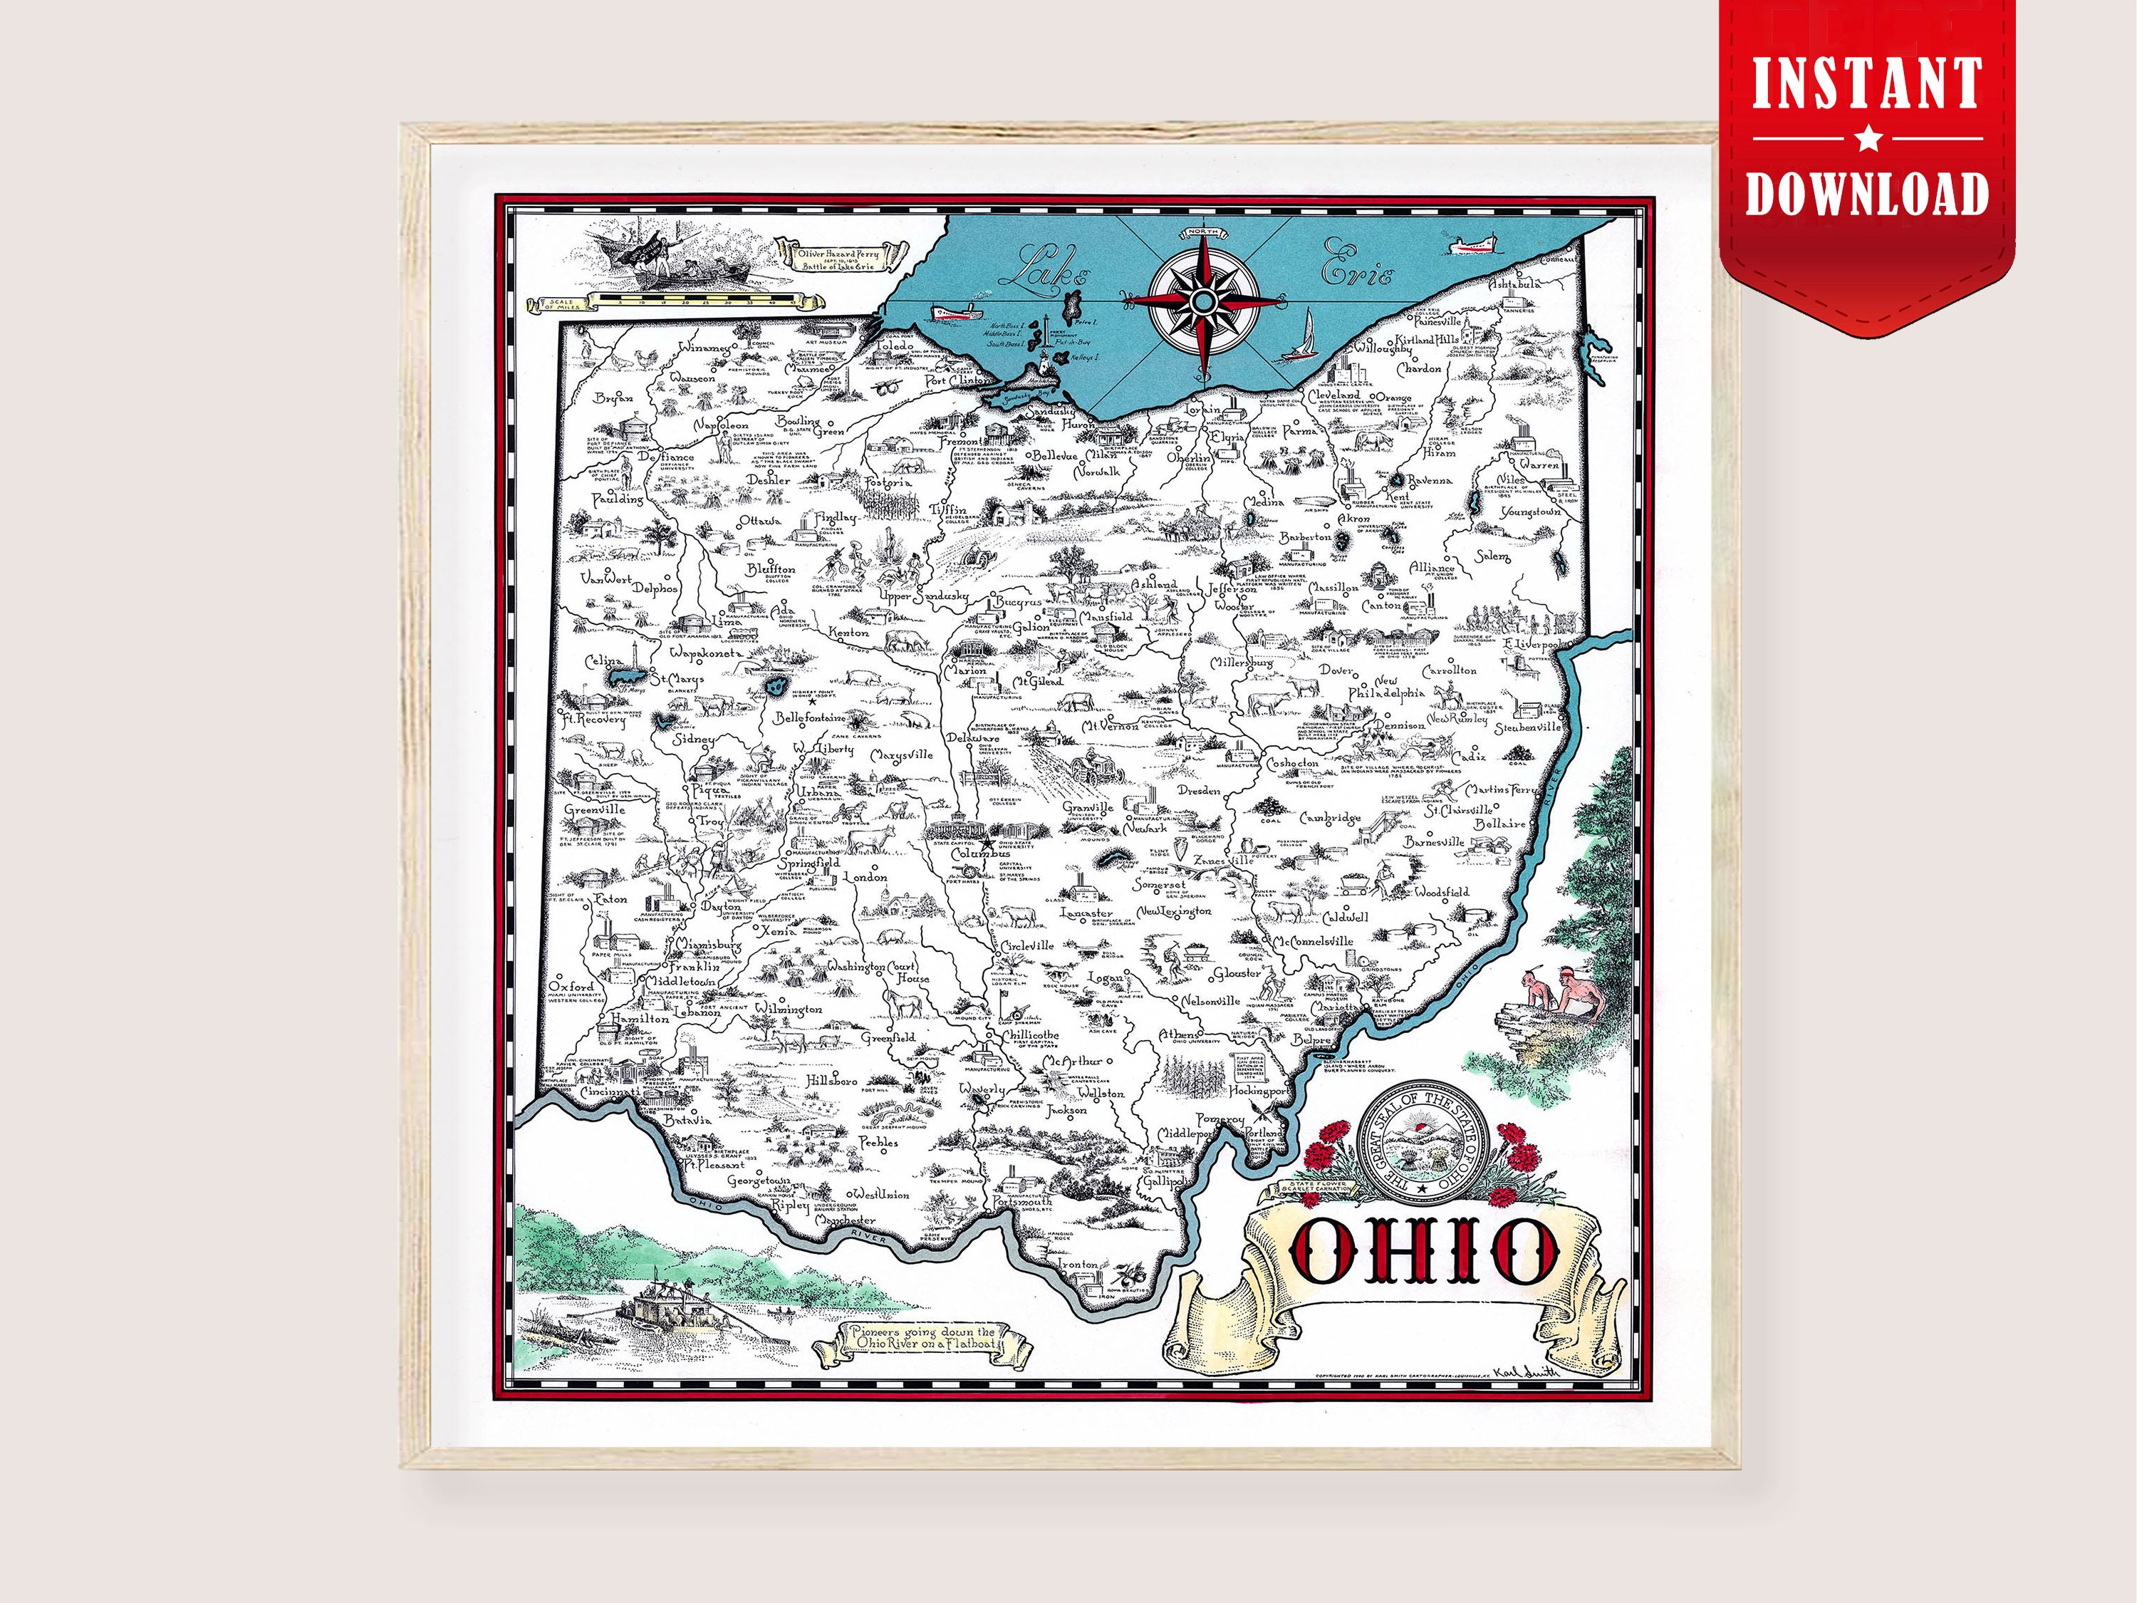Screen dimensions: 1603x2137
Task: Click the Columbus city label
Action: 981,854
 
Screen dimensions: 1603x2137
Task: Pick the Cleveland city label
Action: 1334,395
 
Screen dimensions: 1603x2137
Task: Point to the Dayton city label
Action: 721,908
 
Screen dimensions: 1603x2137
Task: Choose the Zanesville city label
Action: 1223,860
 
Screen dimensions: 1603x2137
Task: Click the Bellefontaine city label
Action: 810,718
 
